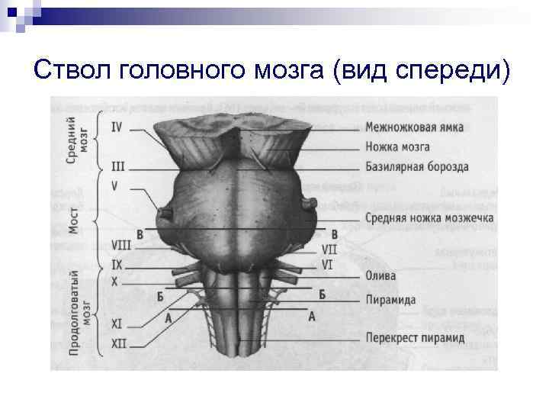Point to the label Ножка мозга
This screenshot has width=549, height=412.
(397, 146)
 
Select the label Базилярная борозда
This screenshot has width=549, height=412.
(416, 166)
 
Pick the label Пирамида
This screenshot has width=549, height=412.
(390, 300)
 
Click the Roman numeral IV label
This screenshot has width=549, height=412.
(117, 128)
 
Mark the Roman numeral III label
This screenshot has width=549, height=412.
(118, 166)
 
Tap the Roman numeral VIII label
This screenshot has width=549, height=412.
(120, 245)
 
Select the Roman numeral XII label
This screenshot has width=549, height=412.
(119, 344)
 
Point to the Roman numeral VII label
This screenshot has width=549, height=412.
(329, 249)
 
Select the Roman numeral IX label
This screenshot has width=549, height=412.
(117, 264)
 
